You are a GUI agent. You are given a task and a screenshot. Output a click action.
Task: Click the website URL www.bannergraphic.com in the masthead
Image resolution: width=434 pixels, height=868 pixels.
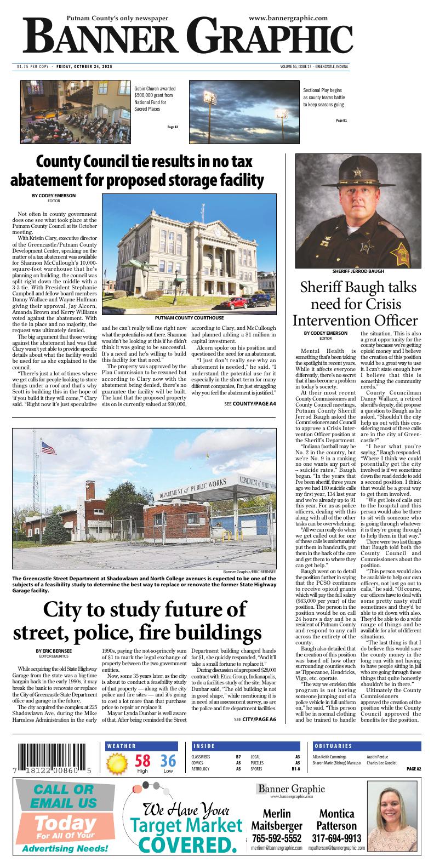click(x=288, y=18)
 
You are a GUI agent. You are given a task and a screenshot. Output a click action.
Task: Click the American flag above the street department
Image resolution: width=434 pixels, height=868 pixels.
click(x=49, y=449)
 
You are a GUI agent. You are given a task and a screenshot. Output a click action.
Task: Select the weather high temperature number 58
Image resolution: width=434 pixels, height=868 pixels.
click(x=142, y=761)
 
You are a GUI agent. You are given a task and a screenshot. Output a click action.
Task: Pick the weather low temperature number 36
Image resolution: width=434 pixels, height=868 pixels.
click(x=168, y=761)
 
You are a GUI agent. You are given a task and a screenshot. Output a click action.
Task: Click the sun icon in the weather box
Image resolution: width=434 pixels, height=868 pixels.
click(x=117, y=763)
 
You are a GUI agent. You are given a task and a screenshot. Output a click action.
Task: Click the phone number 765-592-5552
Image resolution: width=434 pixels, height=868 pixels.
click(x=277, y=839)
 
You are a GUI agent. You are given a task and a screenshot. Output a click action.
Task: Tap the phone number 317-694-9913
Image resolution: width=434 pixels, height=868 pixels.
click(x=336, y=839)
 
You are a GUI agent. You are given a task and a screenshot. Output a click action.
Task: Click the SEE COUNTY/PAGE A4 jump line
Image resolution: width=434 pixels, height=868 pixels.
click(x=250, y=404)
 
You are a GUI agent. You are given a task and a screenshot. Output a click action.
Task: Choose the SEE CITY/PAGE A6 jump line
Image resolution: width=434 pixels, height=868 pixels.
click(x=255, y=719)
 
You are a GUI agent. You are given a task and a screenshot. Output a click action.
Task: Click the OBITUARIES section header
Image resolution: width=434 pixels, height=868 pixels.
click(x=333, y=746)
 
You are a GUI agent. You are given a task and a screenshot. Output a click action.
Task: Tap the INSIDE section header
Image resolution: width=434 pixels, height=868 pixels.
click(x=204, y=746)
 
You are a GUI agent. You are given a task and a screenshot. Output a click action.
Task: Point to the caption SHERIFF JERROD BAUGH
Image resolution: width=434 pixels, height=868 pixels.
click(x=358, y=271)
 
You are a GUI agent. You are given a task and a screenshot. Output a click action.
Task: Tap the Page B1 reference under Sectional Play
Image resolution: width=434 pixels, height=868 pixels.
click(x=341, y=121)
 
